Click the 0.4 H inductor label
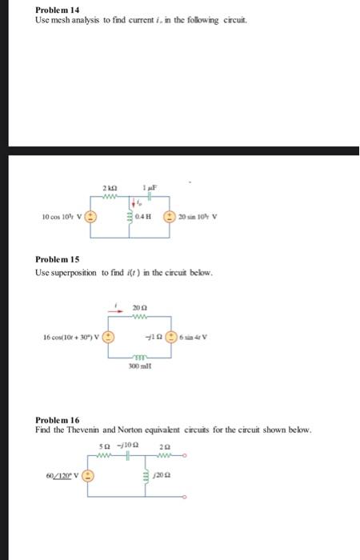(144, 216)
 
